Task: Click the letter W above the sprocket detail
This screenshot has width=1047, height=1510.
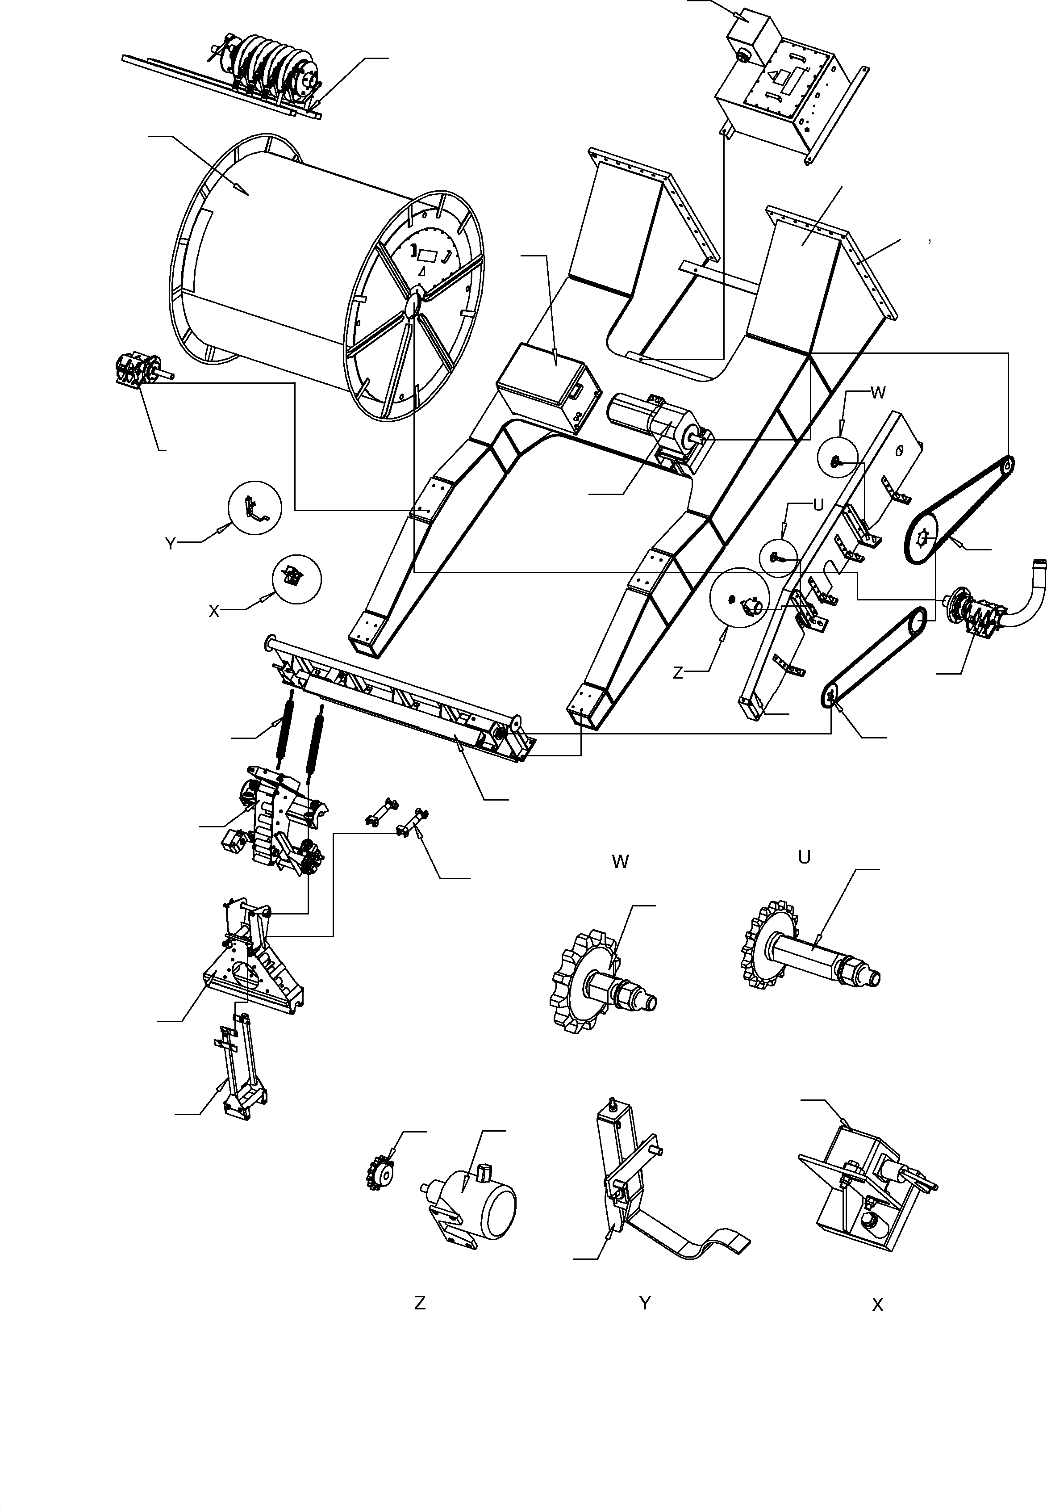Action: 620,862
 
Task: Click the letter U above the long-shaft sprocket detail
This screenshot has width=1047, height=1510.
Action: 804,857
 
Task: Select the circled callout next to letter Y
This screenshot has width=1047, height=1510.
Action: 254,508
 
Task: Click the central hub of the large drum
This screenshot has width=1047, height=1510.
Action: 414,306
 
